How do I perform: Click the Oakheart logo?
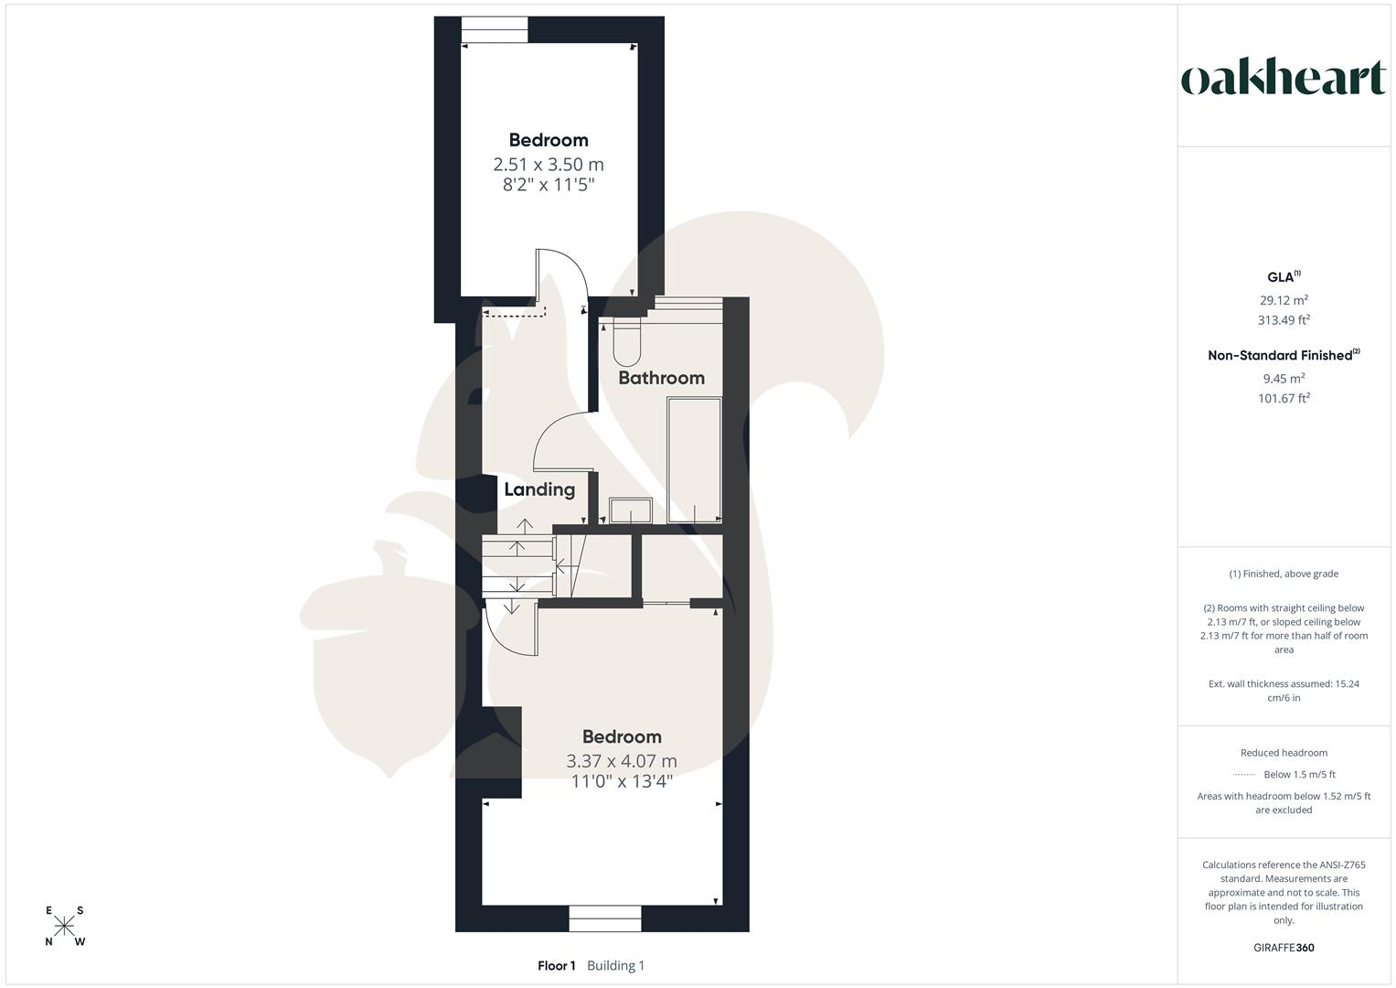click(1283, 79)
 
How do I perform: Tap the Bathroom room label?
click(661, 378)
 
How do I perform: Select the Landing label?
click(539, 489)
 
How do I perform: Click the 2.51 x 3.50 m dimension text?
click(549, 165)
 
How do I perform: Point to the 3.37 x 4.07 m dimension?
click(622, 761)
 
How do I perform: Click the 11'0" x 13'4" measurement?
click(622, 781)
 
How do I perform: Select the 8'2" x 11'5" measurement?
click(549, 185)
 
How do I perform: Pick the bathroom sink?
click(630, 510)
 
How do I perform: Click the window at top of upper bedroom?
click(495, 30)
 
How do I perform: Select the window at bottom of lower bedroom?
click(604, 918)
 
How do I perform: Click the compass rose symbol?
click(64, 926)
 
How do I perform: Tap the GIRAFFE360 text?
click(1284, 948)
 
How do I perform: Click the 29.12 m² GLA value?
click(1284, 300)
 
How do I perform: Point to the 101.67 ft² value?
click(1284, 398)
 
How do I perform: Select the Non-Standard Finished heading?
click(1284, 355)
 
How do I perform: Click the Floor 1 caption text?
click(557, 965)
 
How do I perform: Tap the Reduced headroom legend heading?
click(1284, 753)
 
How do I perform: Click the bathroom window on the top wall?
click(688, 306)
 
